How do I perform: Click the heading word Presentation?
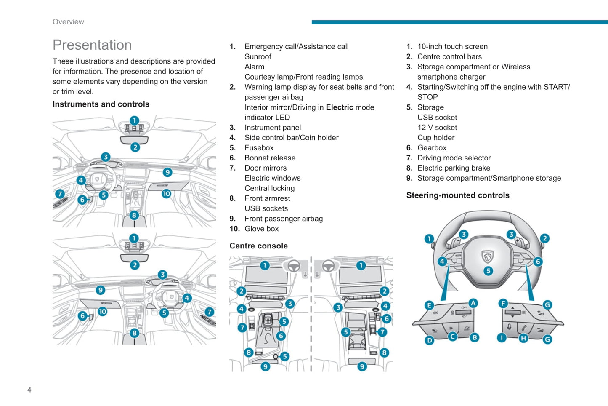click(92, 45)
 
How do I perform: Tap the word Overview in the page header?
click(68, 22)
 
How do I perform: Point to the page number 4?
click(29, 390)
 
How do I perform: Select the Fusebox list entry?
click(259, 148)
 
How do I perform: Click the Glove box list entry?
click(261, 229)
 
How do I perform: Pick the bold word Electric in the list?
click(339, 107)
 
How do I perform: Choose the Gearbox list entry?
click(432, 148)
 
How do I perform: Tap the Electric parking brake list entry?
click(454, 168)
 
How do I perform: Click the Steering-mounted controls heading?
click(458, 195)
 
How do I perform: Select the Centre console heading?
click(258, 246)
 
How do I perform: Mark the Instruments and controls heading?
click(101, 104)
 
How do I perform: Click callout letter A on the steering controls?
click(473, 303)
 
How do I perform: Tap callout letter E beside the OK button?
click(429, 305)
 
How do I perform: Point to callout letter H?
click(523, 338)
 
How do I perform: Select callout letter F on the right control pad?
click(503, 303)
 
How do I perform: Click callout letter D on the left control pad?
click(429, 340)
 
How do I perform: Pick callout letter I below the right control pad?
click(502, 337)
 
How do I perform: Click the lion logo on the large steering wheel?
click(487, 256)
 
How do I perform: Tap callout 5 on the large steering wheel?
click(488, 271)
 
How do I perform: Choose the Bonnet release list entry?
click(270, 158)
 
